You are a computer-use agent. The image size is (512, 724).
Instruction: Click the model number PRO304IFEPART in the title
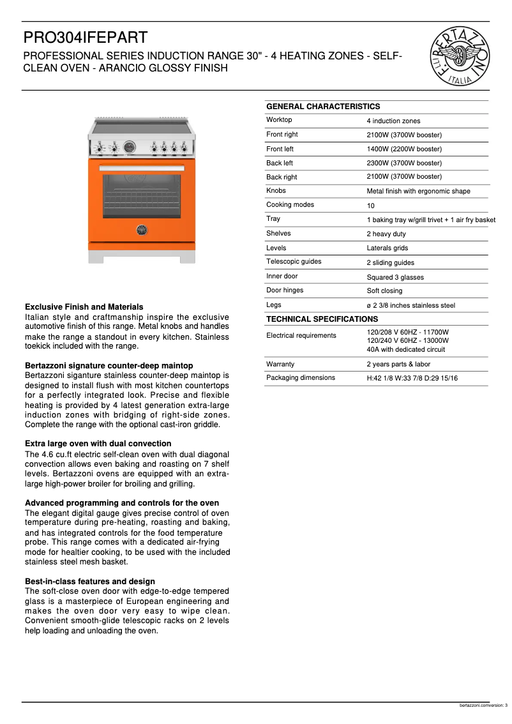coord(85,38)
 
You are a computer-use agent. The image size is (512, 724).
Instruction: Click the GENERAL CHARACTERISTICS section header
coord(322,107)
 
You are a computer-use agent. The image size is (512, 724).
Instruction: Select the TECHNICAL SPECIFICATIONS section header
coord(322,319)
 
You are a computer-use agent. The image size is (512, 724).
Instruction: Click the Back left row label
coord(280,163)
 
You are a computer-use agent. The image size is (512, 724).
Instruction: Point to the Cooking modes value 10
coord(370,206)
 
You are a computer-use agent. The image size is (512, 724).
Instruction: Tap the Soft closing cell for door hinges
coord(384,291)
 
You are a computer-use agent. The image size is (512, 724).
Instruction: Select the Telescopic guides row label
coord(294,261)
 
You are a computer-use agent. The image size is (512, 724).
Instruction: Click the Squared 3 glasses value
coord(395,277)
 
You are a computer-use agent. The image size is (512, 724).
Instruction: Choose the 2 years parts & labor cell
coord(398,364)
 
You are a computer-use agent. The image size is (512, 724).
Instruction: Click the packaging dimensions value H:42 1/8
coord(412,378)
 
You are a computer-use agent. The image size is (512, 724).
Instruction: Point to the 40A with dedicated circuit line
coord(405,349)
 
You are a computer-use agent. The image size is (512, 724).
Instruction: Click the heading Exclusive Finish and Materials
coord(84,306)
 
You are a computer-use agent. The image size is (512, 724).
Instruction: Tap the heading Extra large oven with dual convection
coord(98,443)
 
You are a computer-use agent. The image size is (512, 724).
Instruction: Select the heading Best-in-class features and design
coord(89,581)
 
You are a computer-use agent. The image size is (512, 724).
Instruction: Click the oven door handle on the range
coord(142,169)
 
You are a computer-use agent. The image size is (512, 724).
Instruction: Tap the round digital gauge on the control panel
coord(130,147)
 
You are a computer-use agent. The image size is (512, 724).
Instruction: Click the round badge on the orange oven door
coord(142,230)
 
